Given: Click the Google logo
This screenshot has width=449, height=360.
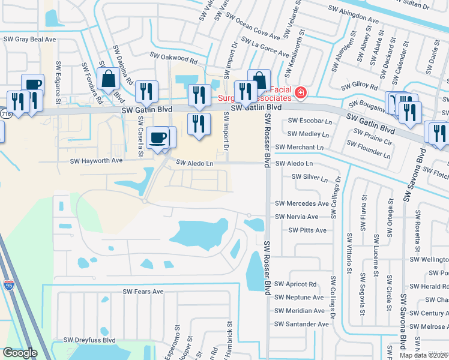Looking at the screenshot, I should [x=20, y=353].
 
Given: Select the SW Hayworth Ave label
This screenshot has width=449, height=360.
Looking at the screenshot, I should [x=96, y=161].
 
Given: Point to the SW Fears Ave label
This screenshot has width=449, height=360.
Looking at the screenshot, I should [x=143, y=292].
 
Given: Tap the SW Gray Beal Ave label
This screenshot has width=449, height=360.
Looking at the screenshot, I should [x=29, y=39].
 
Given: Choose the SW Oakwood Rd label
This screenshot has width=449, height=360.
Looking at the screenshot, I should [x=176, y=61].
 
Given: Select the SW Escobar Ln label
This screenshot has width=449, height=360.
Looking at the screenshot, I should [x=310, y=121].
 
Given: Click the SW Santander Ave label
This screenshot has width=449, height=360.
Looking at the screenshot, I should [x=301, y=324].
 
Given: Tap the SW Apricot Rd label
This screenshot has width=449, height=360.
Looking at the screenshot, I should [x=295, y=284].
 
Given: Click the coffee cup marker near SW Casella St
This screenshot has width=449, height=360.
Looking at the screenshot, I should [x=158, y=137].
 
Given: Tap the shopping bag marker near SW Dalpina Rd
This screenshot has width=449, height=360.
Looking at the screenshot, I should [x=109, y=79].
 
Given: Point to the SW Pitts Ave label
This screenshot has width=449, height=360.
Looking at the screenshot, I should [x=307, y=230].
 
